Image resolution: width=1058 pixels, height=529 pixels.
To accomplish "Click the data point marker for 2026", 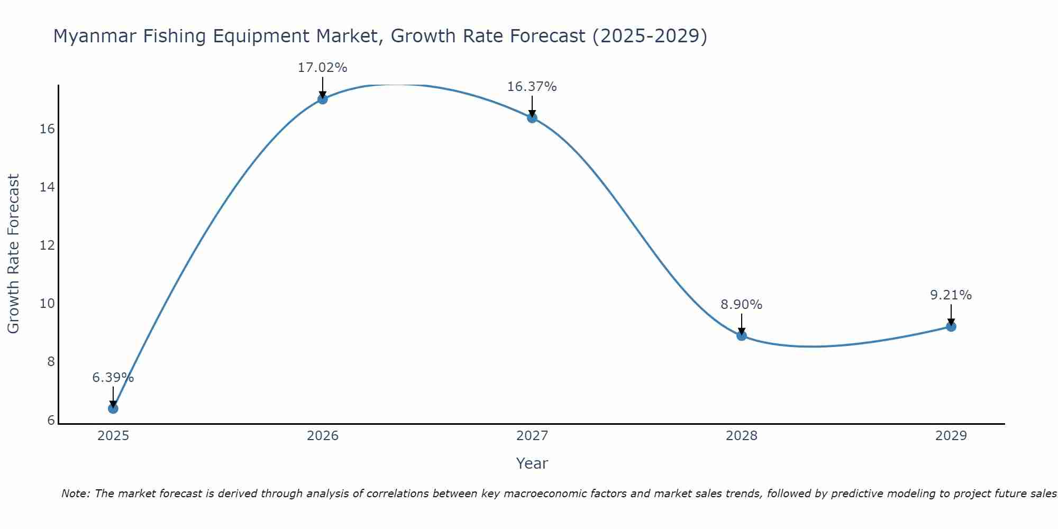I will point(323,99).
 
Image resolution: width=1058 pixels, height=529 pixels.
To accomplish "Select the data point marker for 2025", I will point(113,408).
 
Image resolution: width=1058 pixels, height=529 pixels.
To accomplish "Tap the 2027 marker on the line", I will point(532,117).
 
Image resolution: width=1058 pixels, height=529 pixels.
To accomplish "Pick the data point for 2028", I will point(742,335).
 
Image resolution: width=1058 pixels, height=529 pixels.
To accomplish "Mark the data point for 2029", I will point(951,326).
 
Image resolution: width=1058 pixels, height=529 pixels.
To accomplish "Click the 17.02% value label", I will point(323,68).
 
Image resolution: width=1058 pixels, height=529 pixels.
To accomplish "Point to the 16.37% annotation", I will point(532,87).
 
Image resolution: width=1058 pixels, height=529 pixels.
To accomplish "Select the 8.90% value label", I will point(742,305).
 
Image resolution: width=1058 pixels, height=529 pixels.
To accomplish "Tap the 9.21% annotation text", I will point(951,295).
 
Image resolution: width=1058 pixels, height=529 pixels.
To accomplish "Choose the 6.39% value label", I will point(113,378).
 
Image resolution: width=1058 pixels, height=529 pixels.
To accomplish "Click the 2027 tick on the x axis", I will point(532,436).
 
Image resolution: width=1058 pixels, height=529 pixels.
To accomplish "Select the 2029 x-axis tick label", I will point(951,436).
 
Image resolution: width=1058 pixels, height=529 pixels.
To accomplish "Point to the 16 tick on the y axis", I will point(48,129).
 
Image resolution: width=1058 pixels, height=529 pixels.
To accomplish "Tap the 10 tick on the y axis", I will point(48,304).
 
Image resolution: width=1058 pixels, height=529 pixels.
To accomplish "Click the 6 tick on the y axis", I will point(51,420).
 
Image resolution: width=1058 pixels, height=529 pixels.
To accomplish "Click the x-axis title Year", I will point(532,463).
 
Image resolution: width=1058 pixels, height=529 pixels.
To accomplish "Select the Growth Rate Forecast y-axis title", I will point(14,254).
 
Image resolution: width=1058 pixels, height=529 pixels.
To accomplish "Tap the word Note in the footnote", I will point(75,494).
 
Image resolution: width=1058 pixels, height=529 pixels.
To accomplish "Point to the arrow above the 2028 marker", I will point(742,323).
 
